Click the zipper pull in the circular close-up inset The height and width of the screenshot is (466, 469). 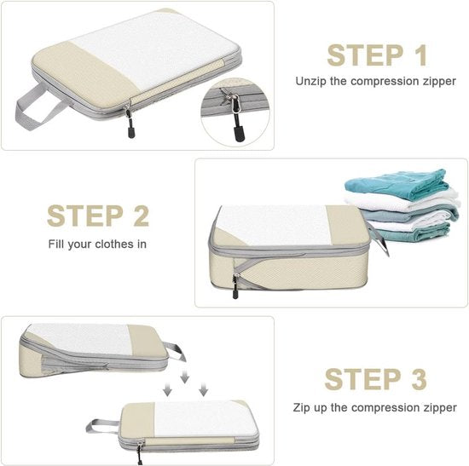(233, 119)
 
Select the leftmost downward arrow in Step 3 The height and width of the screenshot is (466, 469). (168, 389)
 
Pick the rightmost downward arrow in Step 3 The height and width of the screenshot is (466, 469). (203, 389)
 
